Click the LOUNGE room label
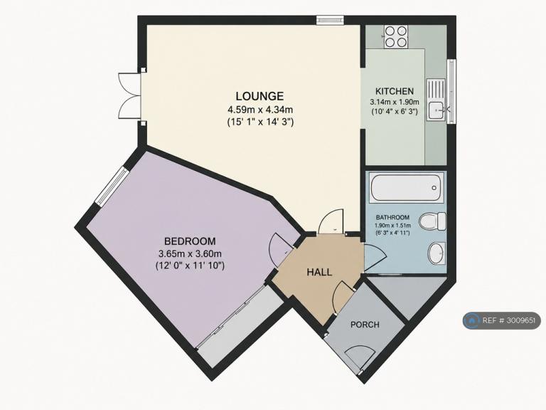point(259,95)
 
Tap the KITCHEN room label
point(395,91)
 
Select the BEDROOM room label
point(190,241)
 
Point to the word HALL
point(319,273)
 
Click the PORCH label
point(365,325)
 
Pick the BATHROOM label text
point(392,218)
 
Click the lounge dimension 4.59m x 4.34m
point(260,110)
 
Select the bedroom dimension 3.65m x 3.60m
point(190,253)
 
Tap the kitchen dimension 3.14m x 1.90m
point(395,102)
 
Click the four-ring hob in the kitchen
point(396,37)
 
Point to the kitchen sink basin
point(435,110)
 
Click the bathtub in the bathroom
point(407,188)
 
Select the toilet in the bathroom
point(432,221)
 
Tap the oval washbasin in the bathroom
point(436,253)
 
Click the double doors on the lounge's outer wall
point(130,95)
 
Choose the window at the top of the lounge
point(330,20)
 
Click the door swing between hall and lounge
point(331,221)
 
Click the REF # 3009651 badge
point(502,320)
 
